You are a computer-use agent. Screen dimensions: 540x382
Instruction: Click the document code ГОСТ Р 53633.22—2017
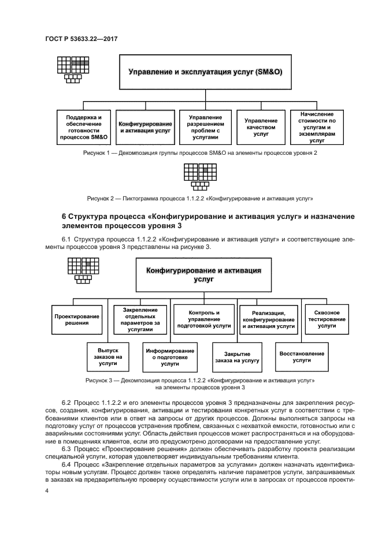[x=85, y=39]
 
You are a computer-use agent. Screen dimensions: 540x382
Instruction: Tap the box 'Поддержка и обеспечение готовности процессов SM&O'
[x=84, y=127]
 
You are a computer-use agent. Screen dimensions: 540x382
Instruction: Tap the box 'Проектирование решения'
[x=77, y=320]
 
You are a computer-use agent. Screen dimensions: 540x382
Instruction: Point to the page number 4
[x=47, y=491]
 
